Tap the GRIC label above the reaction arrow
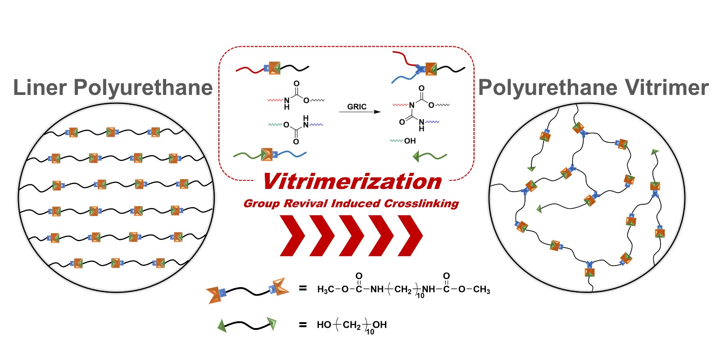[x=357, y=107]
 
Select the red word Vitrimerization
[x=352, y=182]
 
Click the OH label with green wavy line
[x=409, y=141]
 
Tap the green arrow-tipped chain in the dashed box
[x=430, y=157]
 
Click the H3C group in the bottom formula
[x=326, y=289]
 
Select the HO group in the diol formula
[x=324, y=325]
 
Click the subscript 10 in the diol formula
[x=370, y=332]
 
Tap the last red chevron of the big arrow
[x=410, y=235]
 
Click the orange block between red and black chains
[x=273, y=68]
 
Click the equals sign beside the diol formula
[x=303, y=325]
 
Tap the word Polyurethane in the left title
[x=143, y=88]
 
